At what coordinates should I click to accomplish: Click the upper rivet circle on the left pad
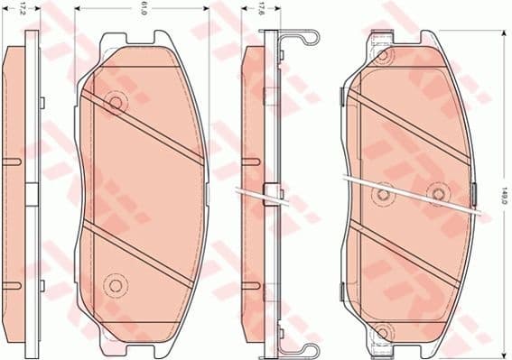tap(115, 102)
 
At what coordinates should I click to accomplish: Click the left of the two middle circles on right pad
tap(384, 193)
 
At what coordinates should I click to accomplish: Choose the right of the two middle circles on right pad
tap(440, 193)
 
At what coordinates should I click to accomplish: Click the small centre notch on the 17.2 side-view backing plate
tap(30, 193)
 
